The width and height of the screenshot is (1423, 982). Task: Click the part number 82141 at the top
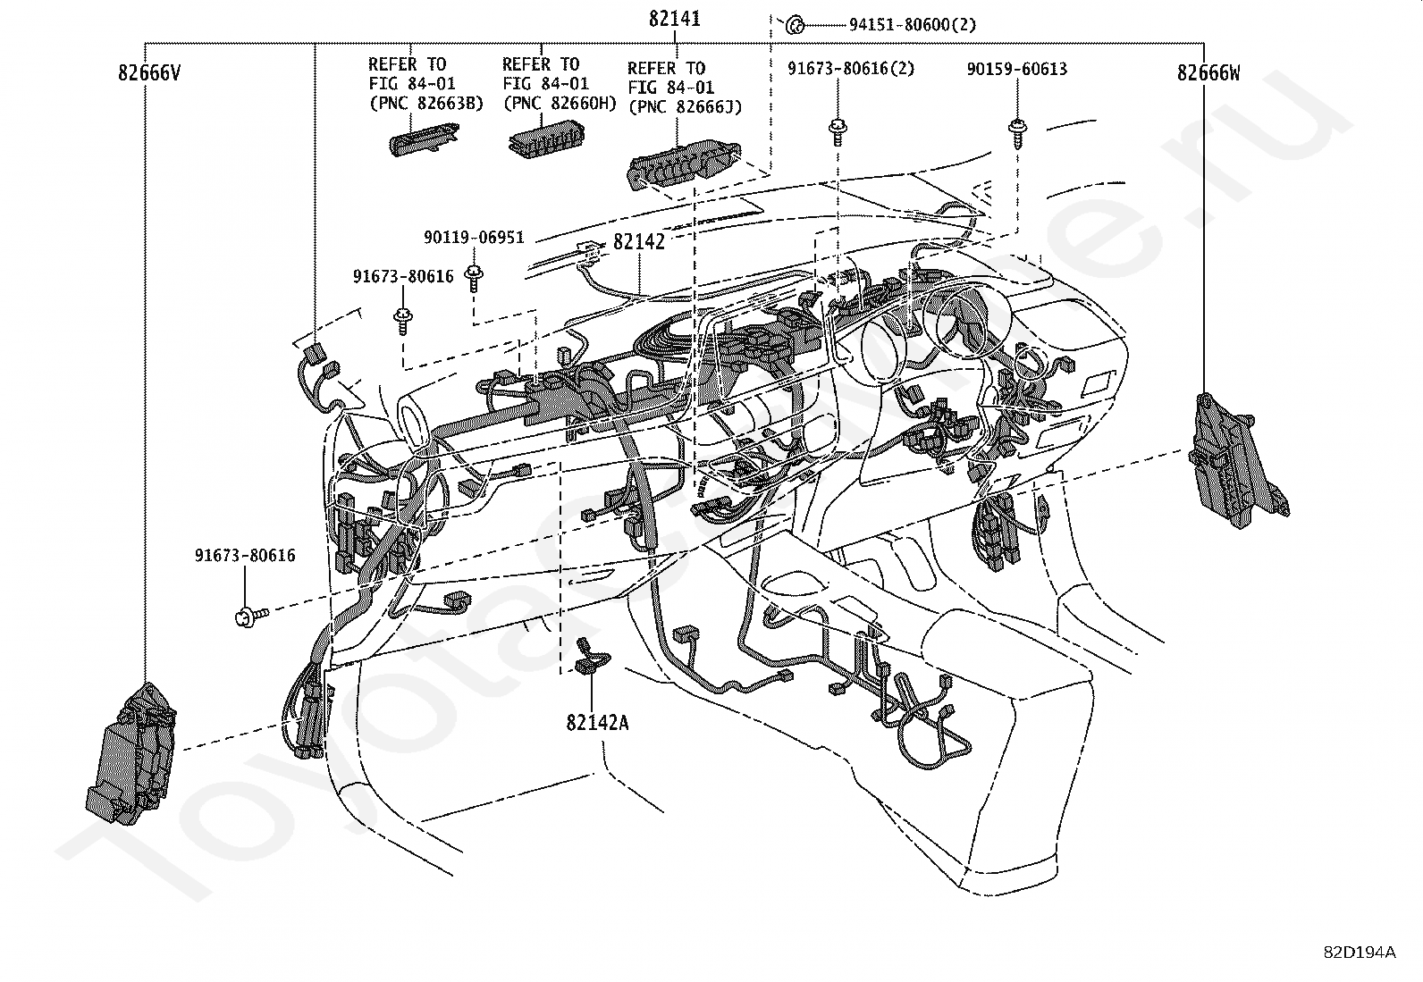674,19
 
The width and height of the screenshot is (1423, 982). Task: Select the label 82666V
149,73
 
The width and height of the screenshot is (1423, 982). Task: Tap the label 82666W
1208,73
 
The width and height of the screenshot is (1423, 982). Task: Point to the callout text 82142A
596,722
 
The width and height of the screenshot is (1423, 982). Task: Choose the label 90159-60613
1016,69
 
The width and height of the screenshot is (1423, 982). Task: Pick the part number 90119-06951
473,238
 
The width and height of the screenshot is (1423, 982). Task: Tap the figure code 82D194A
1360,952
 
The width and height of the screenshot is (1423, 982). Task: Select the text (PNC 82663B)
425,103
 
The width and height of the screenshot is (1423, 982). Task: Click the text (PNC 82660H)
560,103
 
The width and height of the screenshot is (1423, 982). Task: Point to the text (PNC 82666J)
685,107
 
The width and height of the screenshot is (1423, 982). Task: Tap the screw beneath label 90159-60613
1017,131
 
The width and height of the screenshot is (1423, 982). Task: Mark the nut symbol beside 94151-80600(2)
794,25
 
